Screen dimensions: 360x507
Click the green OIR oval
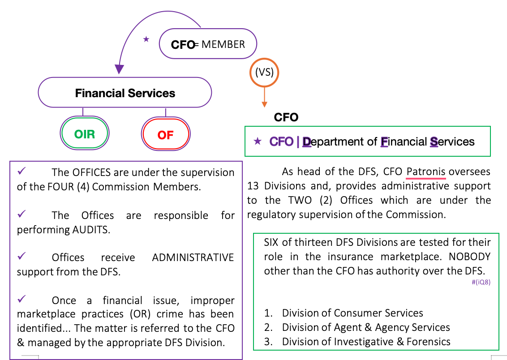click(85, 133)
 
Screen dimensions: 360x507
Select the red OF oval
click(165, 134)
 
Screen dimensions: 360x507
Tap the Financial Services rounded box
click(125, 93)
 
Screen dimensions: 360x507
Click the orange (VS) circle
click(264, 72)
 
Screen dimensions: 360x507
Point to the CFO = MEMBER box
click(208, 44)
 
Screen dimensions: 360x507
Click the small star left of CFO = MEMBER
click(146, 39)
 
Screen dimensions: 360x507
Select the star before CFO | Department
click(258, 141)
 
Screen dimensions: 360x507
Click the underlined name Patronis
click(425, 171)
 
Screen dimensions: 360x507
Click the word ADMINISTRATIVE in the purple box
click(193, 257)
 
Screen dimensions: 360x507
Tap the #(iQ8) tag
click(481, 282)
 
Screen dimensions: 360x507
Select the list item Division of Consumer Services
click(352, 313)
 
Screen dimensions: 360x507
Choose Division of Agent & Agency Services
click(365, 327)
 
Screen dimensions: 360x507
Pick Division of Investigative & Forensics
click(366, 342)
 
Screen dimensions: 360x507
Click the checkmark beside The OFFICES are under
click(21, 171)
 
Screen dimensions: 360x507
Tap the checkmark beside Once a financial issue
click(21, 300)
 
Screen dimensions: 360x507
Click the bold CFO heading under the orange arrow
click(286, 117)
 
